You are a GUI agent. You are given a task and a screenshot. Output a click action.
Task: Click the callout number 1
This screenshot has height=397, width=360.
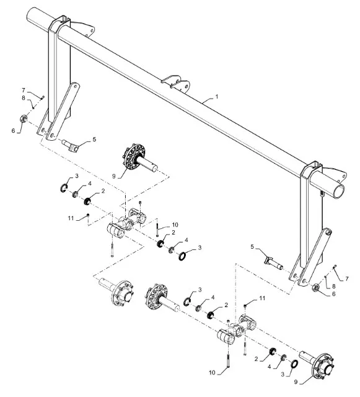(x=216, y=97)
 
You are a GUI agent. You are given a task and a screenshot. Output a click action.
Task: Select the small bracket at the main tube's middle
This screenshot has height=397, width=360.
(x=175, y=83)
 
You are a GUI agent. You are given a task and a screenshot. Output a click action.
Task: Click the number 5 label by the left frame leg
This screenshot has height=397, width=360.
(x=94, y=139)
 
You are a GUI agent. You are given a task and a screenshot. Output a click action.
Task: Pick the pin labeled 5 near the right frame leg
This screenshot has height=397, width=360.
(x=273, y=262)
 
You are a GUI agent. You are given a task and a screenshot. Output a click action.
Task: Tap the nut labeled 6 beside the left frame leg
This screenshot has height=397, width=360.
(x=24, y=118)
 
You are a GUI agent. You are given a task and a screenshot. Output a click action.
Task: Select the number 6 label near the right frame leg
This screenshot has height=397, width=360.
(x=333, y=294)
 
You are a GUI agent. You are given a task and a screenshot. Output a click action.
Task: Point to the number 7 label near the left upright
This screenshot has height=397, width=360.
(x=24, y=91)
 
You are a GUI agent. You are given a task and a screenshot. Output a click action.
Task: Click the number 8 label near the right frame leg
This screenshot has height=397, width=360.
(x=334, y=286)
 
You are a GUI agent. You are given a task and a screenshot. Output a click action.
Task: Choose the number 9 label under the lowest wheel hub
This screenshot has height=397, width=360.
(x=296, y=382)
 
